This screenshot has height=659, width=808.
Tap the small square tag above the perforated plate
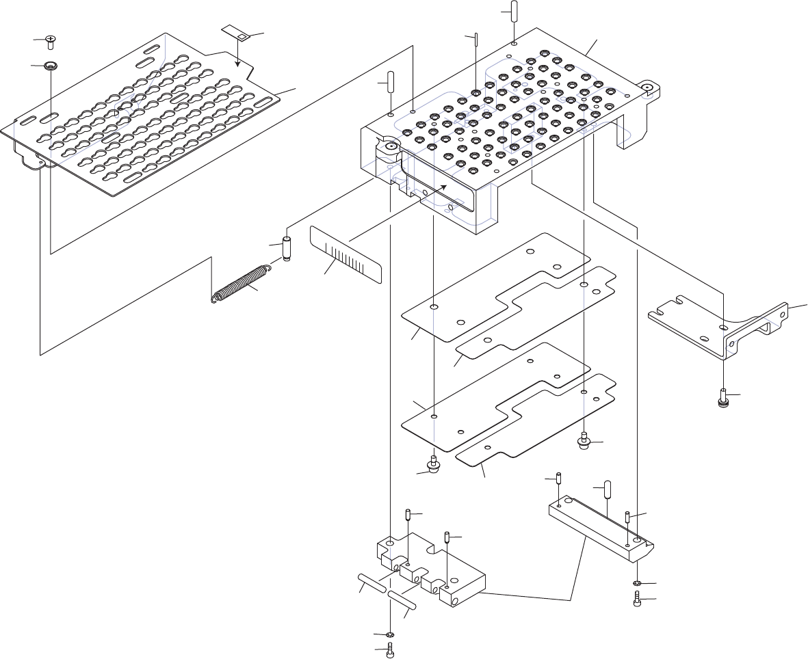(235, 33)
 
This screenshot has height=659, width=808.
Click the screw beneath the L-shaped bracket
(724, 396)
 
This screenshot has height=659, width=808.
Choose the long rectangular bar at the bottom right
(602, 526)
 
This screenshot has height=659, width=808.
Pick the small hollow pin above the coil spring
(287, 248)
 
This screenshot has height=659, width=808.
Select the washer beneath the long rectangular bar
(637, 583)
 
